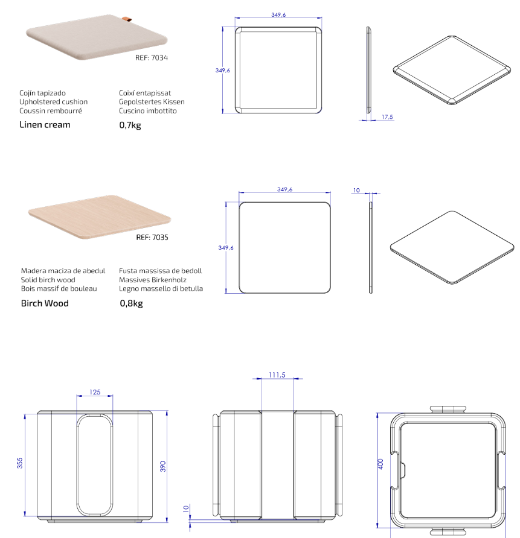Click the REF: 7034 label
coord(152,58)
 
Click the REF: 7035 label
coord(152,238)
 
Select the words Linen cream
coord(45,125)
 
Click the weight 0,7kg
coord(130,125)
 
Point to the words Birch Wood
coord(45,303)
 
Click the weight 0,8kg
coord(131,303)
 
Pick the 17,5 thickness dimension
coord(387,117)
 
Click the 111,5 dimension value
coord(277,375)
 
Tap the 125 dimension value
coord(95,392)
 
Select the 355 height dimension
coord(19,463)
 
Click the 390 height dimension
coord(163,466)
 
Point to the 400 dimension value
coord(380,464)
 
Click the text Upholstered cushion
coord(54,101)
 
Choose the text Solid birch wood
coord(48,280)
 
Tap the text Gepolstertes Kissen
coord(152,101)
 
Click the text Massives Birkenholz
coord(153,280)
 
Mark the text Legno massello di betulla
coord(161,288)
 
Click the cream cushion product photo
coord(97,37)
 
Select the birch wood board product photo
coord(100,217)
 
